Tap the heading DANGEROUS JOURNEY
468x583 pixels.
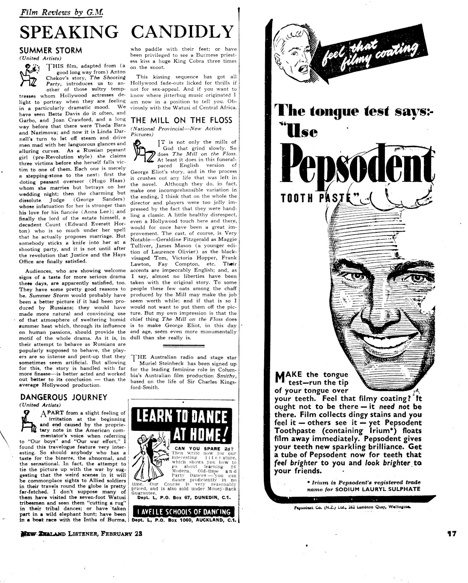[x=63, y=397]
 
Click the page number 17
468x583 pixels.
[x=451, y=534]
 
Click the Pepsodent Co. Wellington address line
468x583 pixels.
[x=352, y=507]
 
